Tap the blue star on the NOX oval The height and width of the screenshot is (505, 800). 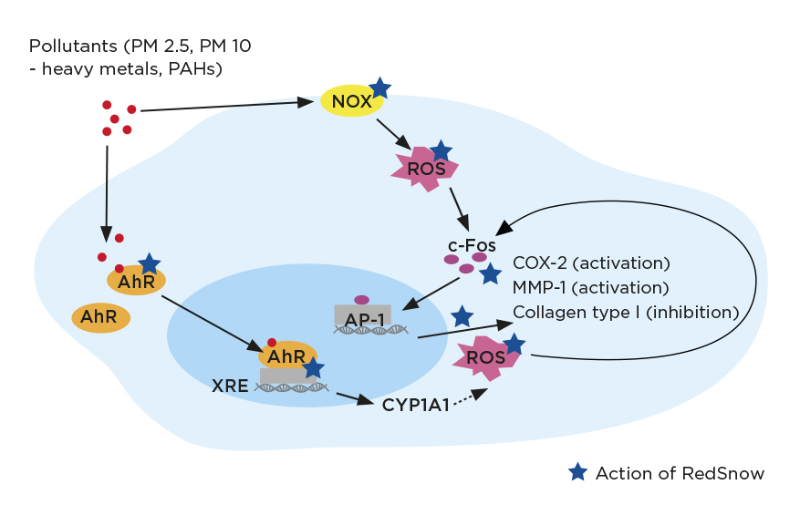tap(379, 88)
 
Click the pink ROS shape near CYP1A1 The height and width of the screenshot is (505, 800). tap(485, 357)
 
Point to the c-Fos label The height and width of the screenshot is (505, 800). tap(472, 245)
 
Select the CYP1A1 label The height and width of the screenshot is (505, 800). tap(416, 405)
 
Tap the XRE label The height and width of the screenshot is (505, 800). tap(230, 385)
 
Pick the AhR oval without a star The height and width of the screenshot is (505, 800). tap(100, 317)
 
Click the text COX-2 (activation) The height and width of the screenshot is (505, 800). tap(591, 263)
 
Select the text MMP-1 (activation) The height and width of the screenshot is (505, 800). tap(591, 288)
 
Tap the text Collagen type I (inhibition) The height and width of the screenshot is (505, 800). tap(626, 313)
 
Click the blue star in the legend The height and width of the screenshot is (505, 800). tap(577, 472)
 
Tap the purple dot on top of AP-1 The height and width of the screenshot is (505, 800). tap(361, 299)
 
